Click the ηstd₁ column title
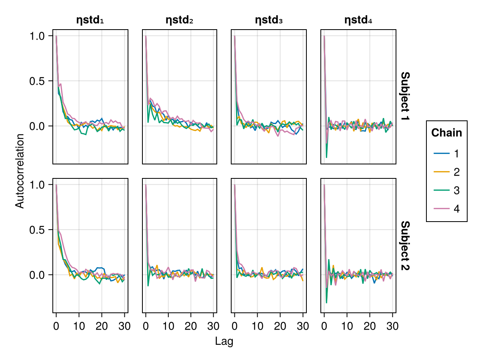(90, 20)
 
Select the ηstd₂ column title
(180, 20)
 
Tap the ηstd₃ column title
(269, 20)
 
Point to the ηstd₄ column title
(358, 20)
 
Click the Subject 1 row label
(405, 97)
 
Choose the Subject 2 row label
(405, 246)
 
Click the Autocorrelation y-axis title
(20, 171)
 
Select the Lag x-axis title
(224, 341)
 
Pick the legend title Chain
(446, 133)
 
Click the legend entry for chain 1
(446, 154)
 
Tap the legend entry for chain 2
(446, 172)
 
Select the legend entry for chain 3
(446, 190)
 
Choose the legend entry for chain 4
(446, 209)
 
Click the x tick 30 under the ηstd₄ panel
(392, 326)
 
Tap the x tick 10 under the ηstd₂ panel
(168, 326)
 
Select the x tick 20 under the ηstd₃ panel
(280, 326)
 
